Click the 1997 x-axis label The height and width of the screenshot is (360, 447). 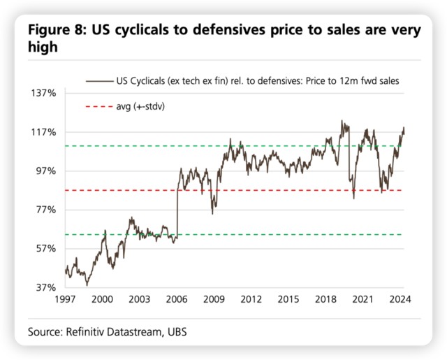65,300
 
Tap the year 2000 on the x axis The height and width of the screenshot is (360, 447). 102,300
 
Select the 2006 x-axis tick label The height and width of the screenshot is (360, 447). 177,300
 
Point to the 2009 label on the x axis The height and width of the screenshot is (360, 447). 214,300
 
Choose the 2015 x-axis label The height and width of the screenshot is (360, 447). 289,300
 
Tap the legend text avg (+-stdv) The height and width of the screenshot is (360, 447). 145,107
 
